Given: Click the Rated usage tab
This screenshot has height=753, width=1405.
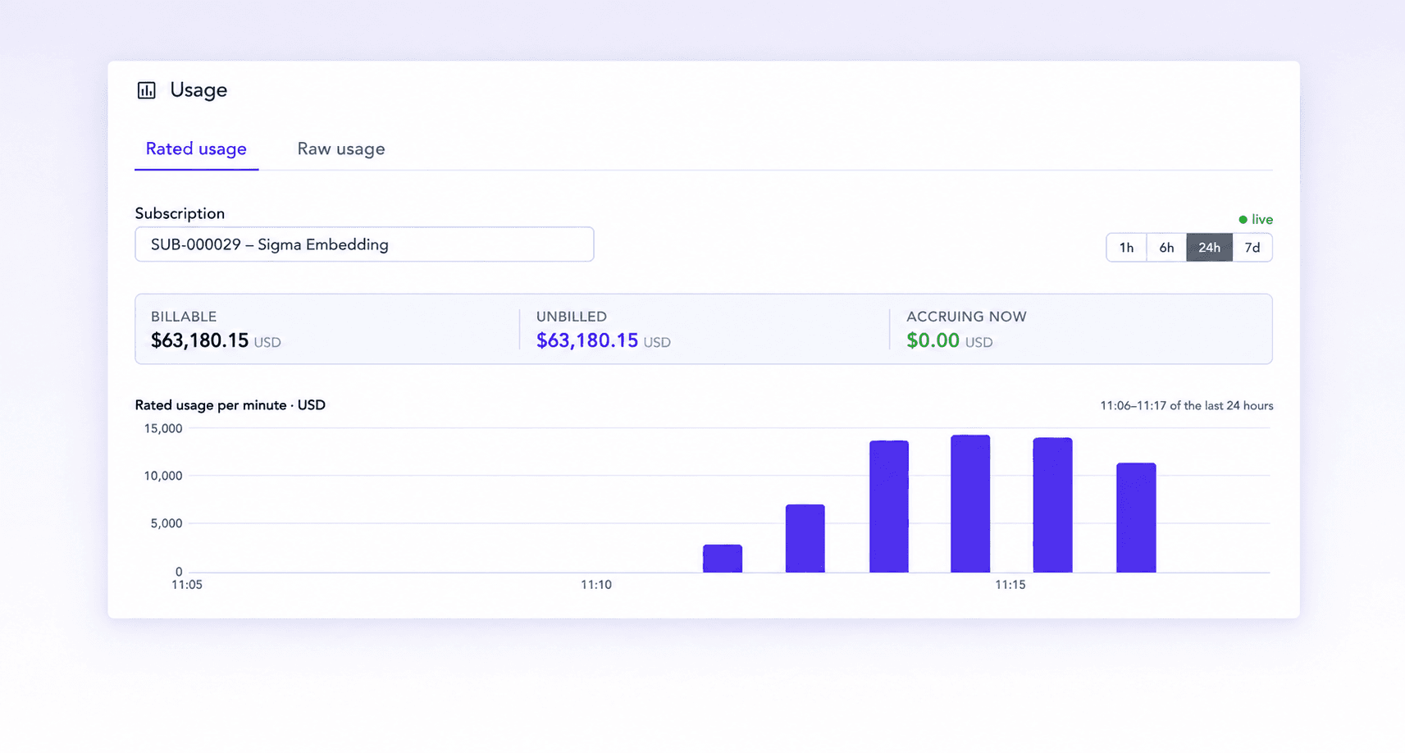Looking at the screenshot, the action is pyautogui.click(x=196, y=148).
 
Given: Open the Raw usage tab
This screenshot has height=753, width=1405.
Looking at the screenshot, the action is pyautogui.click(x=341, y=148).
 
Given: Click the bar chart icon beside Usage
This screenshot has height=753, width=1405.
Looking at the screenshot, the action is pyautogui.click(x=147, y=90).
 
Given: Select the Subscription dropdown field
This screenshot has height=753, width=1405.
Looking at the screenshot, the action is pyautogui.click(x=364, y=244).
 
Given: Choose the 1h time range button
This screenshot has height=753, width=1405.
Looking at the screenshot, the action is pyautogui.click(x=1126, y=247).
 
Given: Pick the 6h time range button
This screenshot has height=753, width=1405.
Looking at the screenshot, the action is pyautogui.click(x=1166, y=247).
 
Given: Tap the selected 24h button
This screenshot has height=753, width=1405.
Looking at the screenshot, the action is pyautogui.click(x=1209, y=247).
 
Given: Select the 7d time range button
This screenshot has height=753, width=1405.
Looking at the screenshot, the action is pyautogui.click(x=1252, y=247).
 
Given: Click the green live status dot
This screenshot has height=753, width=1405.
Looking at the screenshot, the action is pyautogui.click(x=1243, y=220).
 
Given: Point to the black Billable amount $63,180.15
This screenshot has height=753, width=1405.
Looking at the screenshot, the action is pyautogui.click(x=199, y=340).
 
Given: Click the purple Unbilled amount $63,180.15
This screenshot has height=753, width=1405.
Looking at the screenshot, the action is pyautogui.click(x=587, y=340).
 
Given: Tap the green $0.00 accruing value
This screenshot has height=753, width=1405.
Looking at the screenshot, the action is pyautogui.click(x=933, y=340).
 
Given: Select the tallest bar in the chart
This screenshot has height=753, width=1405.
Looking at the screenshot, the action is pyautogui.click(x=970, y=504).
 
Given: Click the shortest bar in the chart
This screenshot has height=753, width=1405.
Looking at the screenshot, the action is pyautogui.click(x=723, y=559).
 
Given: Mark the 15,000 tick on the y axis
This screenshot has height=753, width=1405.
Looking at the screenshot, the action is pyautogui.click(x=163, y=428).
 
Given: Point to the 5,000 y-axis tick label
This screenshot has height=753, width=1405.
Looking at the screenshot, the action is pyautogui.click(x=167, y=523).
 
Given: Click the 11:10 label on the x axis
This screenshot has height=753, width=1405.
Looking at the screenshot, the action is pyautogui.click(x=595, y=585).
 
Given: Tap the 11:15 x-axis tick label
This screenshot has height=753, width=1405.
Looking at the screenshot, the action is pyautogui.click(x=1010, y=585).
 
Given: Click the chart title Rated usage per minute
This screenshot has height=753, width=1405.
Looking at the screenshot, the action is pyautogui.click(x=211, y=405).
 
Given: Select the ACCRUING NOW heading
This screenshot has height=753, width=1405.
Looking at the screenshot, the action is pyautogui.click(x=966, y=317).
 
